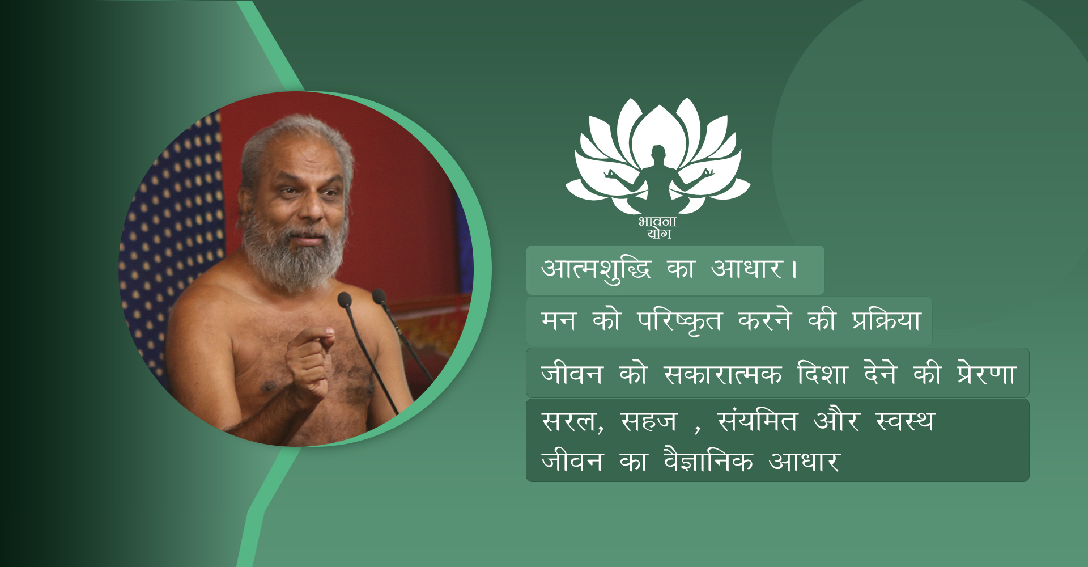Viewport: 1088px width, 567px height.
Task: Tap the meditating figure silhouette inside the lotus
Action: coord(658,179)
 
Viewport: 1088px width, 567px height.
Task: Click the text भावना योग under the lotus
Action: coord(658,228)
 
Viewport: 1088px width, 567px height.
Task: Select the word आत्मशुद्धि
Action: coord(596,270)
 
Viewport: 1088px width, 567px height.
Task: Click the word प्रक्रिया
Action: coord(886,320)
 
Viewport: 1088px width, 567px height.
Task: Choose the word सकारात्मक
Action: coord(722,374)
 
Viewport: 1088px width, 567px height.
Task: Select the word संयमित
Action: coord(757,420)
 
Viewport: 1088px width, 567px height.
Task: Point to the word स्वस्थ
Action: coord(904,421)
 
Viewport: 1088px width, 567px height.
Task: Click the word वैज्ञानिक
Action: coord(708,460)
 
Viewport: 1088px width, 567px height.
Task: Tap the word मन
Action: coord(559,321)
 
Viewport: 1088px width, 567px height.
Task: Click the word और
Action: coord(836,420)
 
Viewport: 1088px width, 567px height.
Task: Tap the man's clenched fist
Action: coord(309,363)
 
